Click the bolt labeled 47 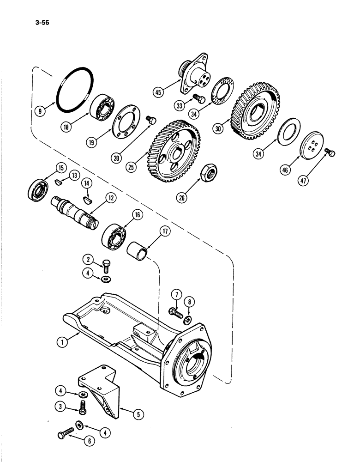click(x=329, y=152)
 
